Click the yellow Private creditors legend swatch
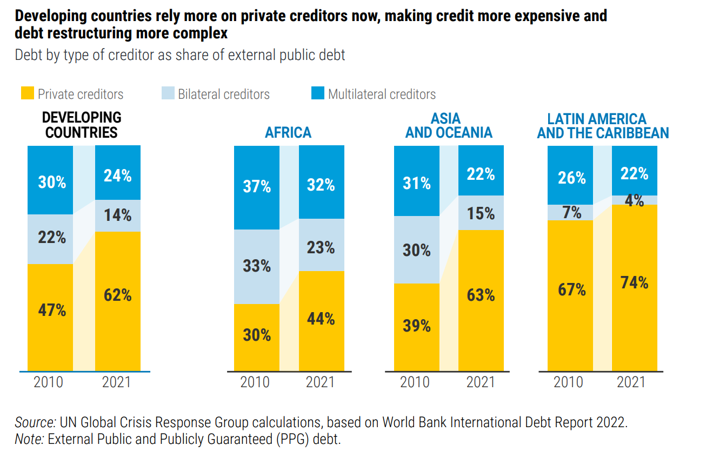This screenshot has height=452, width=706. click(28, 93)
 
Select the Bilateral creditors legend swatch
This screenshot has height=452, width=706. click(169, 93)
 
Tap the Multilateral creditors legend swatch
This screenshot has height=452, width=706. click(318, 93)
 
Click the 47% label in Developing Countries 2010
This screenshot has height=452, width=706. click(52, 311)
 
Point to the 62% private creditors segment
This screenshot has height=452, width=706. click(118, 295)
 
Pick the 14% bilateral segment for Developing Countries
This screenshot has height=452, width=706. click(118, 215)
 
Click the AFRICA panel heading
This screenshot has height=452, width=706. click(288, 132)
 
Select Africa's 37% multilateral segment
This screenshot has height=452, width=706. click(257, 187)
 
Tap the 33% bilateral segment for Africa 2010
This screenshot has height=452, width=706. click(257, 266)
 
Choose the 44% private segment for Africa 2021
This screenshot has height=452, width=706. click(321, 319)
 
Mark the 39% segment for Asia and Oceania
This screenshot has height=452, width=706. click(417, 326)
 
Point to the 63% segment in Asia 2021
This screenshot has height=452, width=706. click(481, 295)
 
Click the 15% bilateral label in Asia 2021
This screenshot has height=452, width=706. click(481, 214)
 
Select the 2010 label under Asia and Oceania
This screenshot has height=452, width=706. click(415, 382)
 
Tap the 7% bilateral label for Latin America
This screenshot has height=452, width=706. click(571, 212)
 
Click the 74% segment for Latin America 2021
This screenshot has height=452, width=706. click(634, 282)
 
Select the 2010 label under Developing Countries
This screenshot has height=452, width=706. click(49, 382)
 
